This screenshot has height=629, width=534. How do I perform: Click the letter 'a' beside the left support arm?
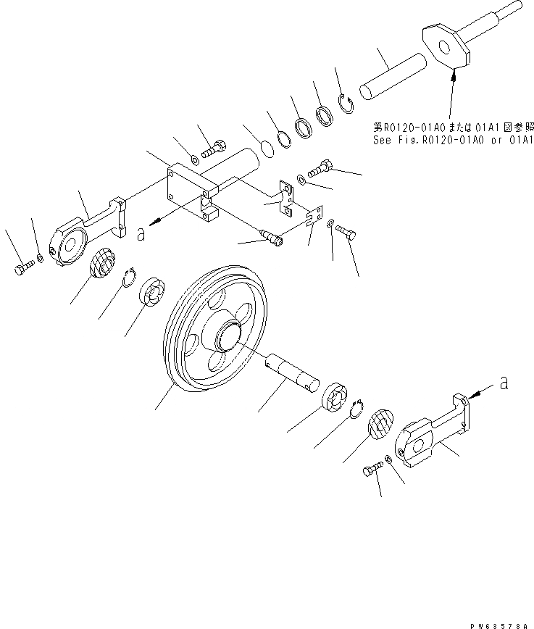141,234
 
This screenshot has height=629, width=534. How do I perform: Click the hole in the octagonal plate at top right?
445,44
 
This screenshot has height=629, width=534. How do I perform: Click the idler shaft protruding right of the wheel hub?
293,370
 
